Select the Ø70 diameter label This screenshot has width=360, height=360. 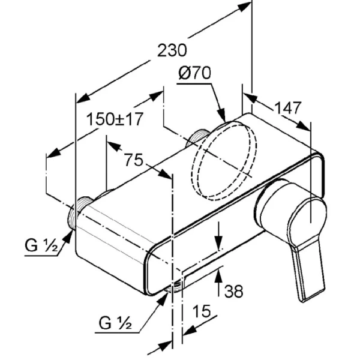point(194,73)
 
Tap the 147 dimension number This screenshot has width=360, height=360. point(288,109)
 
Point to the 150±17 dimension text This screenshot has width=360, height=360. point(114,119)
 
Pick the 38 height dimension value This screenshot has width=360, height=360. point(234,292)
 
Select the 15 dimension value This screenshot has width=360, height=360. point(202,311)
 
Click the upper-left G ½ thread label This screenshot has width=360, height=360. point(41,245)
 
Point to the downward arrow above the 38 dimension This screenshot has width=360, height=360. point(220,242)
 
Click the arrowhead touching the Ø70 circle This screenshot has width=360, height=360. point(221,115)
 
